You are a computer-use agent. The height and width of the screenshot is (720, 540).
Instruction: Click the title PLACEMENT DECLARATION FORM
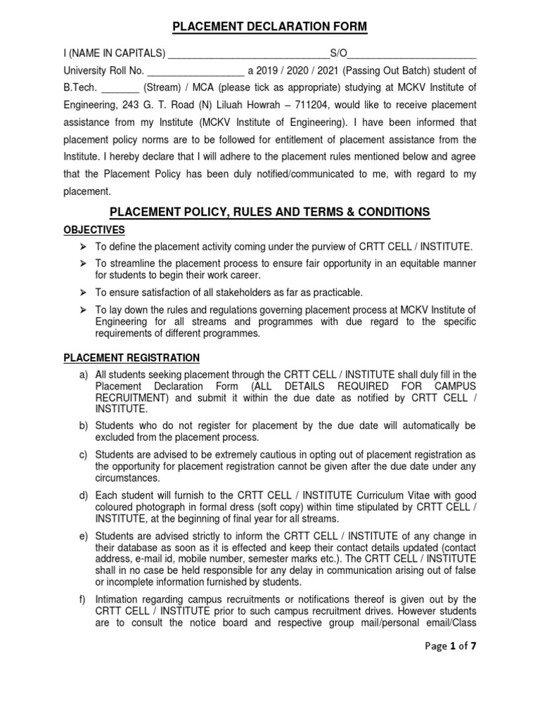click(x=270, y=27)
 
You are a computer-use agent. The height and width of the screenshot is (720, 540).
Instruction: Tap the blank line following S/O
click(x=413, y=53)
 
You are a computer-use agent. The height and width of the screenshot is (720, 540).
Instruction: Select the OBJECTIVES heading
click(x=94, y=230)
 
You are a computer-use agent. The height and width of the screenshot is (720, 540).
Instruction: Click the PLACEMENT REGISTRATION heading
click(x=131, y=358)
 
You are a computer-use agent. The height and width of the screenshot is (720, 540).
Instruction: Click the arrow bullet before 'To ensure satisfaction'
click(x=82, y=292)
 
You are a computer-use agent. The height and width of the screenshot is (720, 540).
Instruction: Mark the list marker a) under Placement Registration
click(x=83, y=375)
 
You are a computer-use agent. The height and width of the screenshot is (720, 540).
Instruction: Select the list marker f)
click(x=83, y=599)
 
